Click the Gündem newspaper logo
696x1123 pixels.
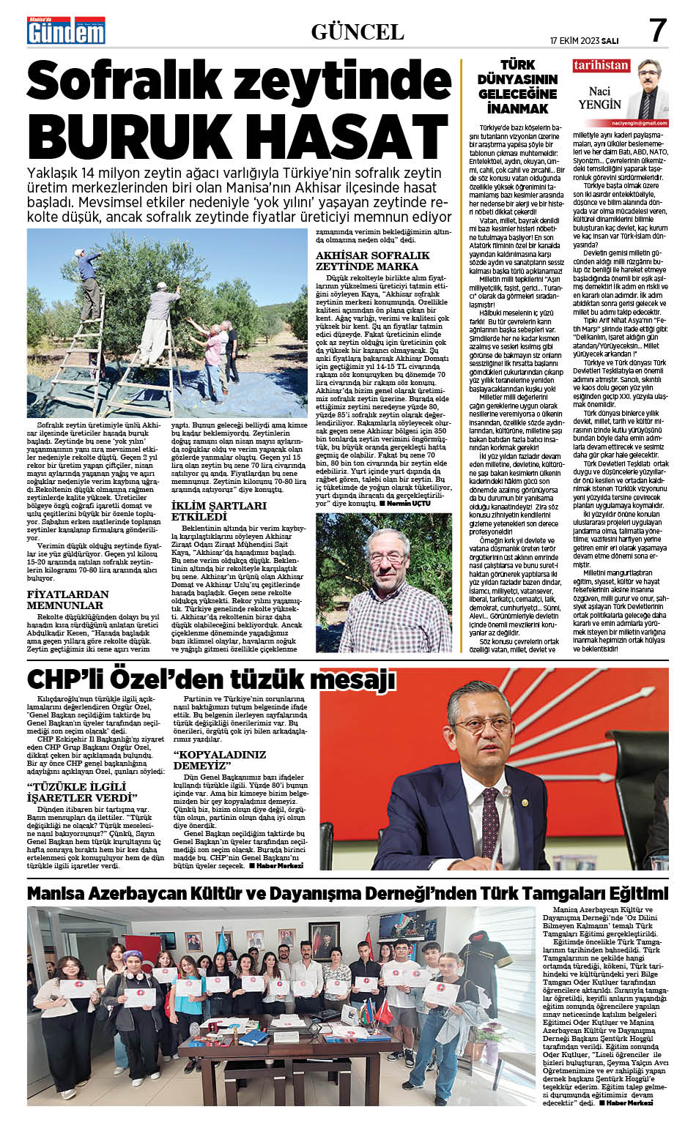coord(66,30)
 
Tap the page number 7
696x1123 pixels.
coord(658,30)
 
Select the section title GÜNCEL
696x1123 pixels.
coord(358,31)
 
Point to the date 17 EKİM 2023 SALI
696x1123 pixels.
coord(585,40)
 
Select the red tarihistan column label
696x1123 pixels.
coord(601,65)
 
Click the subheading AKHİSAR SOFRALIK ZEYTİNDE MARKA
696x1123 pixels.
coord(372,261)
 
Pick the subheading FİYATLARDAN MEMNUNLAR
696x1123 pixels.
coord(67,600)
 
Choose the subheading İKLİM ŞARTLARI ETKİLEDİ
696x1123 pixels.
coord(218,511)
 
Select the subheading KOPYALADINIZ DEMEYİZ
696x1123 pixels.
coord(220,760)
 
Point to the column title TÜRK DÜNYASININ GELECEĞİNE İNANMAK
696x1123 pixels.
coord(517,86)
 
